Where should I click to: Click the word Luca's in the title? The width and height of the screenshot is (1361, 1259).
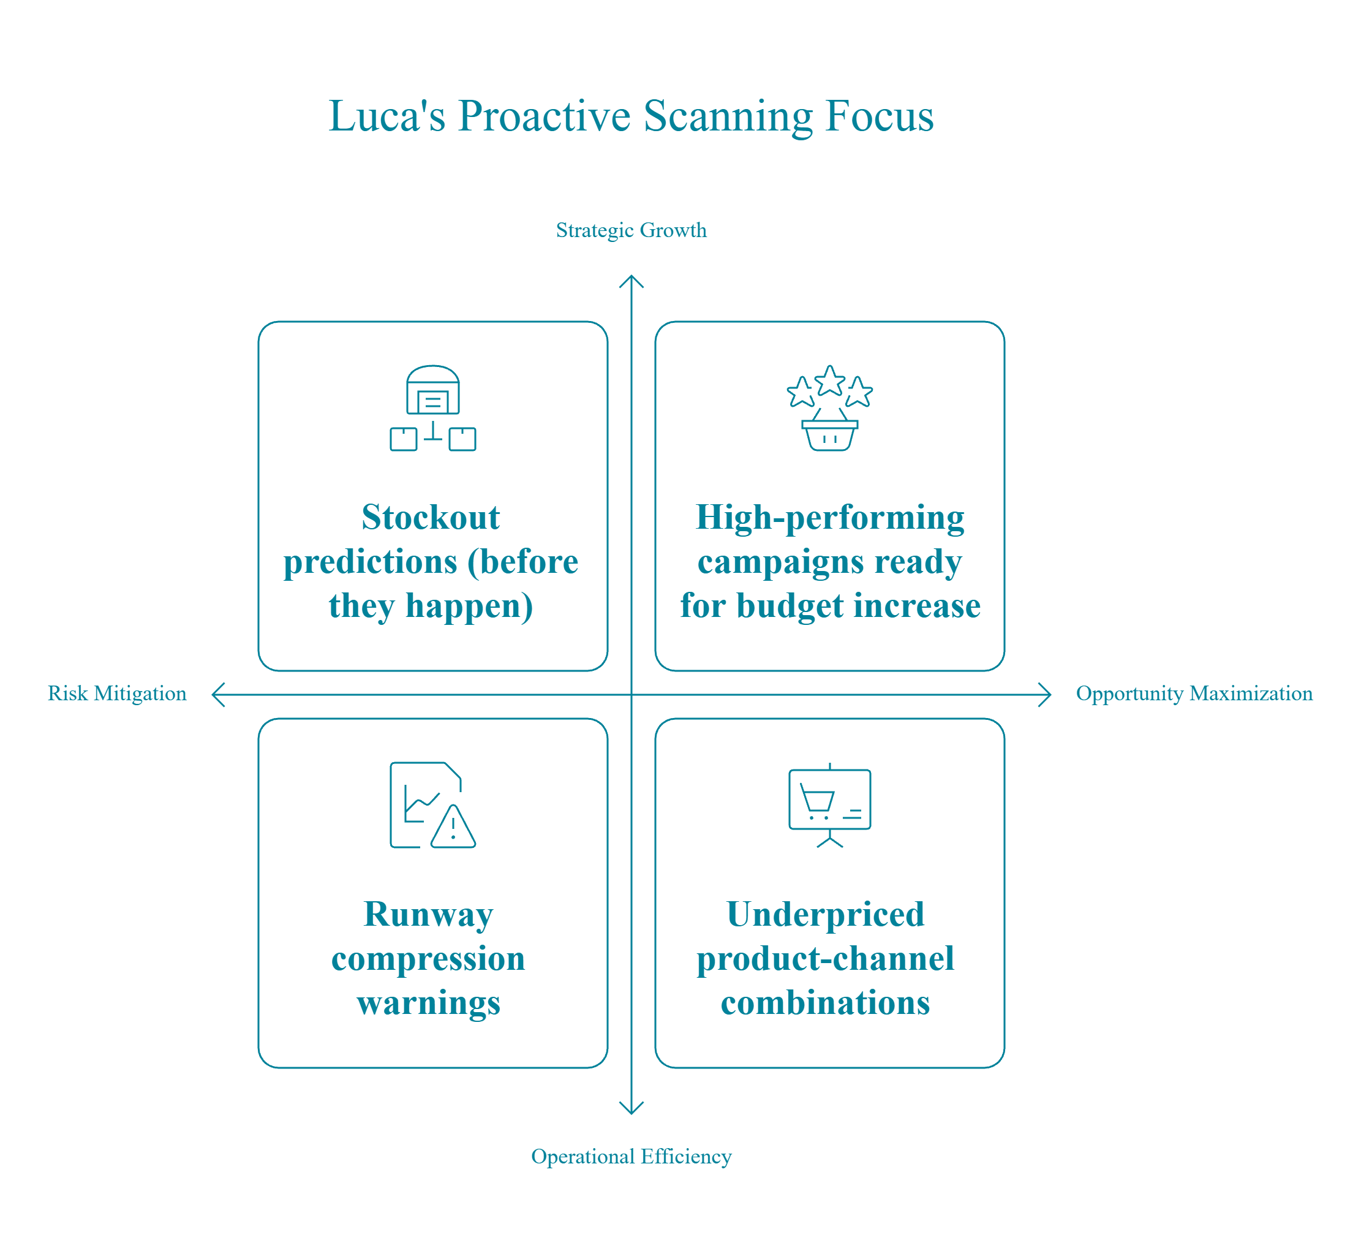click(x=387, y=116)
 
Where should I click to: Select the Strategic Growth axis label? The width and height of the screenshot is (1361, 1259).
click(x=631, y=230)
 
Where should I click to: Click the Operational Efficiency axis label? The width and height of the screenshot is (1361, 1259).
click(x=631, y=1156)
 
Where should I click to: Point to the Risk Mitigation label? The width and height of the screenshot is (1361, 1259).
click(x=116, y=694)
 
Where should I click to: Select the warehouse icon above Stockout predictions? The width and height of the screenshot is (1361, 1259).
click(x=432, y=407)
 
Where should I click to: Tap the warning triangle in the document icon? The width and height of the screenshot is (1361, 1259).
click(x=453, y=828)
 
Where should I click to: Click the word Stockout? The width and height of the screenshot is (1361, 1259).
click(x=431, y=518)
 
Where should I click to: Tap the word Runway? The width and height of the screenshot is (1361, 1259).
click(x=429, y=914)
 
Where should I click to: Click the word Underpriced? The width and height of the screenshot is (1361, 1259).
click(x=825, y=914)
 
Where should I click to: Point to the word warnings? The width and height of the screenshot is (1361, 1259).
click(x=429, y=1003)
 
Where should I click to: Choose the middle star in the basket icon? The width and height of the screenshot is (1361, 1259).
click(x=830, y=381)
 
